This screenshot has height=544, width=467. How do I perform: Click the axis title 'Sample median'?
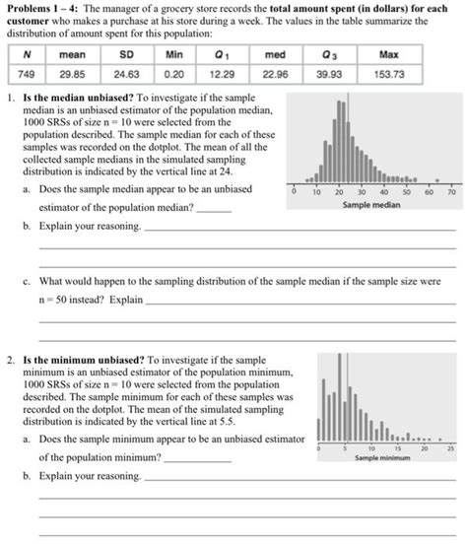click(369, 206)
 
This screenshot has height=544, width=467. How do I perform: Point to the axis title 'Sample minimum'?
click(378, 458)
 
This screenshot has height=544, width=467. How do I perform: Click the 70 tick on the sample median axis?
click(451, 194)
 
